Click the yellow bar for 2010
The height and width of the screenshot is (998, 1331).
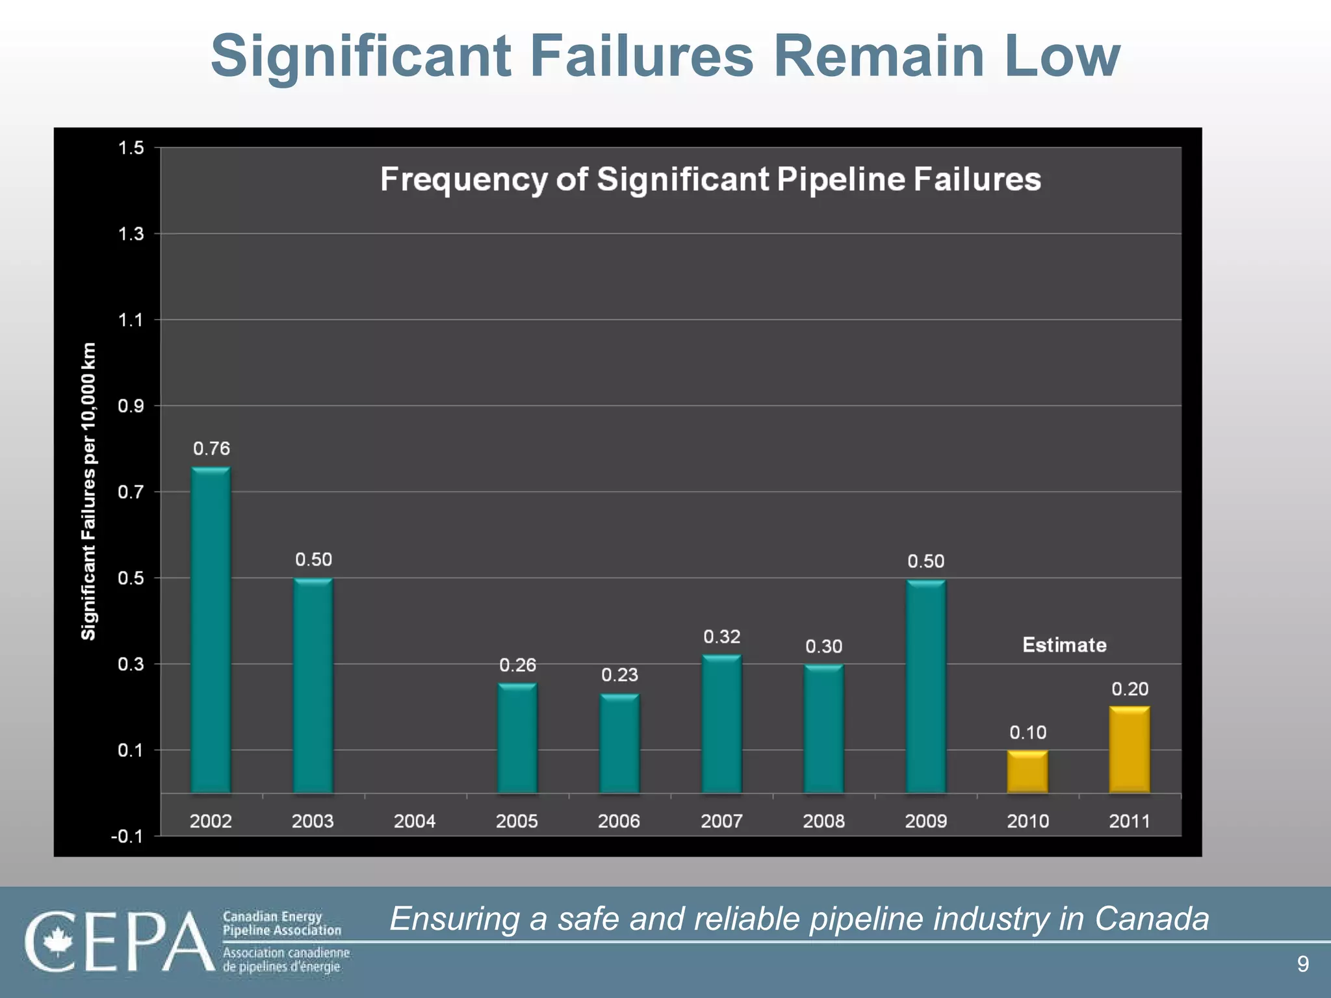[1027, 771]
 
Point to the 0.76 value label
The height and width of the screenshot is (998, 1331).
[211, 448]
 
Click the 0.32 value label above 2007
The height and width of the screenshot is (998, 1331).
[721, 637]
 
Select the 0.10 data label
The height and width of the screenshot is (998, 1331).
[1027, 733]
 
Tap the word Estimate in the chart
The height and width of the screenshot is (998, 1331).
[1064, 645]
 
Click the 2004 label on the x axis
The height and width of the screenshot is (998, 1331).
[415, 821]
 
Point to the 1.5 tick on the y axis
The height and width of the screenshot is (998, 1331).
[131, 148]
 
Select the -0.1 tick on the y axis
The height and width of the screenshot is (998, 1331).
[127, 837]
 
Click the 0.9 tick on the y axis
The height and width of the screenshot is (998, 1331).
[131, 406]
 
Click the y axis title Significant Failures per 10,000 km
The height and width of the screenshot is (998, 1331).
[89, 491]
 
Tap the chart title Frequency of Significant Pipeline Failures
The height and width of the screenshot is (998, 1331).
[710, 179]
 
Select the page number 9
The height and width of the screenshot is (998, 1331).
[1302, 964]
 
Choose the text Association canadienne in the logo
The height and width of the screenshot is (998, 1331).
[286, 953]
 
